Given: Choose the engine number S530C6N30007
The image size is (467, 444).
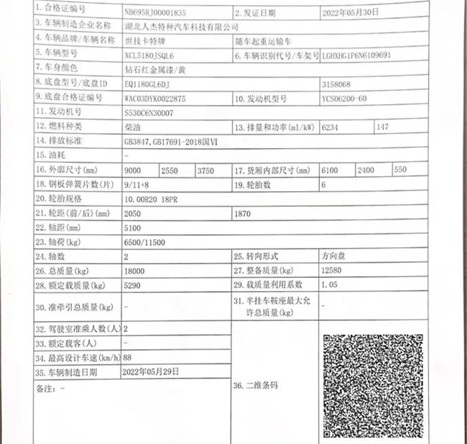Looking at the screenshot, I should click(149, 113).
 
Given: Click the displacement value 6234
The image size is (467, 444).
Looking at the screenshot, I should click(332, 127).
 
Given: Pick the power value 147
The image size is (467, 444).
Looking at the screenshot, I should click(382, 127).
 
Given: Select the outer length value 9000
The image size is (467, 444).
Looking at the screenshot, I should click(133, 171).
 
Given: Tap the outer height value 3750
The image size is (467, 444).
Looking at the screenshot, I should click(205, 171).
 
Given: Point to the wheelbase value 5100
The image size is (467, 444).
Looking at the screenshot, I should click(133, 228).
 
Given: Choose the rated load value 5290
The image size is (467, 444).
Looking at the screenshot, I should click(134, 285).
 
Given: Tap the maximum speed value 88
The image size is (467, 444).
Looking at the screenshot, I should click(128, 357).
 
